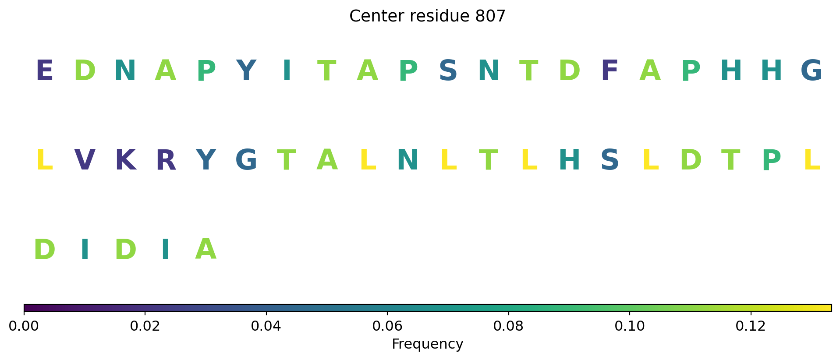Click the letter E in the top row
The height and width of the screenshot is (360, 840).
click(44, 71)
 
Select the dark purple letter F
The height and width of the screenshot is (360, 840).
click(610, 71)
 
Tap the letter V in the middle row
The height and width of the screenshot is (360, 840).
click(85, 160)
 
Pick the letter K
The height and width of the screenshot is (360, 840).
click(125, 160)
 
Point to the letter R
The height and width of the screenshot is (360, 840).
click(166, 160)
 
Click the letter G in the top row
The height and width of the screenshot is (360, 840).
click(812, 71)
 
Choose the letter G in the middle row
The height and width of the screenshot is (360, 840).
click(246, 160)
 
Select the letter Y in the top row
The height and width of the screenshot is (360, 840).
click(246, 71)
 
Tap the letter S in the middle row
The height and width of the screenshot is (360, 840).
click(610, 160)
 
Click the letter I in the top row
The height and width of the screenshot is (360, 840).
click(287, 71)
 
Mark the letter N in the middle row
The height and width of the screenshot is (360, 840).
click(408, 160)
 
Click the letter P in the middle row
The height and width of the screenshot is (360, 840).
click(771, 160)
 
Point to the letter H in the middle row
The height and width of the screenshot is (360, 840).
click(569, 160)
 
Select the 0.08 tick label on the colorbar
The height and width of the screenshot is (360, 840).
click(508, 326)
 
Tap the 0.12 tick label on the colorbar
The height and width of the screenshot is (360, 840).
click(751, 326)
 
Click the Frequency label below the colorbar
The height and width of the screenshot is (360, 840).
click(427, 344)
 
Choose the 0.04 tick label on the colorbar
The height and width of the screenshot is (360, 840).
click(266, 326)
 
